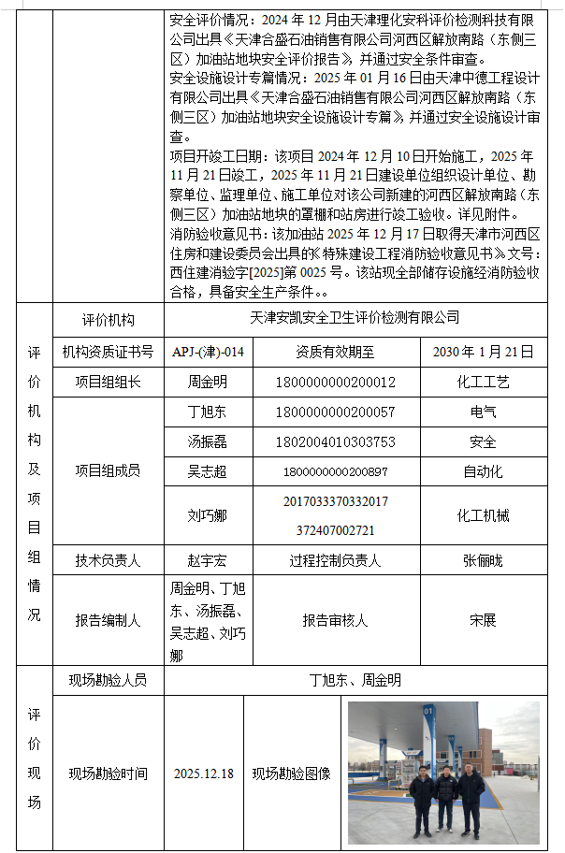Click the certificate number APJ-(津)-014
208,352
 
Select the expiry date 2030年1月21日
484,352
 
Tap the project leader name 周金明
208,382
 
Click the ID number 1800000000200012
336,382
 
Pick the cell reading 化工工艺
484,382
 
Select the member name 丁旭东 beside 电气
208,412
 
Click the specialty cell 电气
484,412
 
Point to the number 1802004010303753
336,441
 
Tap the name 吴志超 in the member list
208,471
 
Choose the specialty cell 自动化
484,471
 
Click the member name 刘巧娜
208,515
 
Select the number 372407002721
336,529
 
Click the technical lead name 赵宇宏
208,560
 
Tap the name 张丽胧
484,560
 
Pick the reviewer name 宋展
484,619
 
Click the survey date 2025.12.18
204,773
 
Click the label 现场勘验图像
292,773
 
